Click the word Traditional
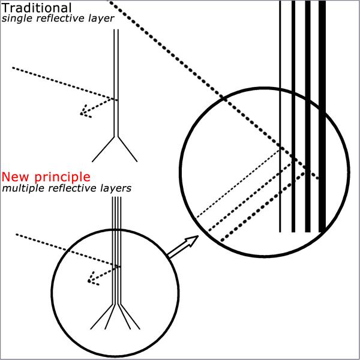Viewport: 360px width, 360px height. point(37,8)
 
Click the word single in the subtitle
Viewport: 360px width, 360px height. point(15,19)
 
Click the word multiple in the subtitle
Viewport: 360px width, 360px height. point(23,188)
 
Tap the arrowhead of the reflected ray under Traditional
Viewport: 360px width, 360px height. point(85,112)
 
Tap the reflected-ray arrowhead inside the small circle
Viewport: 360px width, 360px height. point(92,279)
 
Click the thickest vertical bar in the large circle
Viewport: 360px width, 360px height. point(322,116)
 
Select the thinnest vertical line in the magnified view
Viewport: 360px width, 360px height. point(280,116)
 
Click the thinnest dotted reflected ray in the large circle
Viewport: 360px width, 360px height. point(238,184)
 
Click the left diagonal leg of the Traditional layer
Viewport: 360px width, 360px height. point(103,149)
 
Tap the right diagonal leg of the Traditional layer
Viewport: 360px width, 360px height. point(127,149)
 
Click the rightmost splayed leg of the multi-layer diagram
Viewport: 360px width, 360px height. point(130,317)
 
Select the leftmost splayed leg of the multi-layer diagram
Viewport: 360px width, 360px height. point(101,317)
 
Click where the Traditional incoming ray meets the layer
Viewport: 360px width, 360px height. point(114,99)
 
